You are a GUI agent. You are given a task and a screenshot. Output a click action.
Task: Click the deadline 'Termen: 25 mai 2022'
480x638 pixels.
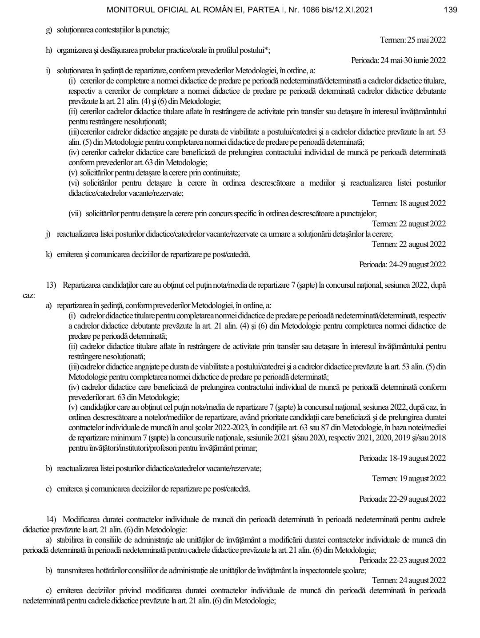click(413, 40)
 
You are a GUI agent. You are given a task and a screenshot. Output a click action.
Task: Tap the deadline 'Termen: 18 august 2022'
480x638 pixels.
click(409, 203)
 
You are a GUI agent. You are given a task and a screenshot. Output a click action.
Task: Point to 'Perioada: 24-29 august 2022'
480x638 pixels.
click(402, 265)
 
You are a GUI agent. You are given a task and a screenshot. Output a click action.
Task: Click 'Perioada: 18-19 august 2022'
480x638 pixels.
click(402, 458)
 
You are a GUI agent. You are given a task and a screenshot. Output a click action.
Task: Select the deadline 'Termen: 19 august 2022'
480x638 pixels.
click(409, 478)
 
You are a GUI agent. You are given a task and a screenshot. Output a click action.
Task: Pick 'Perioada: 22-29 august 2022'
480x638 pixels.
click(402, 499)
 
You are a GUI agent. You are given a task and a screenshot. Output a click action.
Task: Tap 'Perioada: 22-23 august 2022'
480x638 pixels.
click(402, 560)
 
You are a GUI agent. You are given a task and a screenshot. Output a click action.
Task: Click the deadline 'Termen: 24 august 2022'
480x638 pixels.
click(409, 580)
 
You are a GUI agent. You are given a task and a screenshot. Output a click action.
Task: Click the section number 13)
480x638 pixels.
click(52, 285)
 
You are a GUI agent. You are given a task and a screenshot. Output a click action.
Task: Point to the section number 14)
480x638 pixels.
click(52, 519)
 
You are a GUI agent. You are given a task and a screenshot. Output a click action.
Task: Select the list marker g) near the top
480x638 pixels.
click(49, 30)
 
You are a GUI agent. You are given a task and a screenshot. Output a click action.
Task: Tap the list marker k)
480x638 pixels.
click(49, 255)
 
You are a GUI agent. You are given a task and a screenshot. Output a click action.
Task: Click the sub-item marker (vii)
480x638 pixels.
click(75, 214)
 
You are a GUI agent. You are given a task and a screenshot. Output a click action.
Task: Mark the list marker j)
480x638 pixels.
click(48, 234)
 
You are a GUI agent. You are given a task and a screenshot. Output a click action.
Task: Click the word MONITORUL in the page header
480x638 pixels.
click(131, 10)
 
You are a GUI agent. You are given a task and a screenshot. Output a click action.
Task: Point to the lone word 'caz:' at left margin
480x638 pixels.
click(29, 294)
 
